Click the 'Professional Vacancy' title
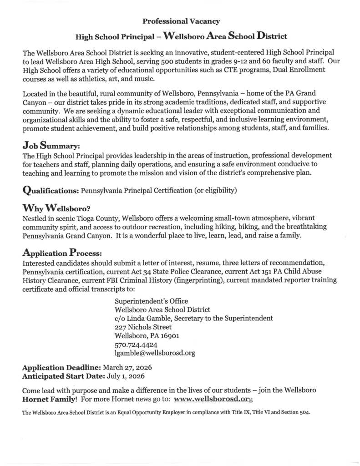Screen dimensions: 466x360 (x=181, y=21)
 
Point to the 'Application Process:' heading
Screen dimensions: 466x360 (x=62, y=252)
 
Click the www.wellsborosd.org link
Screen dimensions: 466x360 (x=213, y=399)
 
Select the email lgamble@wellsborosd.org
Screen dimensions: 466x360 (x=155, y=352)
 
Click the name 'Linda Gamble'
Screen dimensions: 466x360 (x=148, y=318)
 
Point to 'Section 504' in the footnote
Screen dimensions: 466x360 (x=295, y=413)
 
